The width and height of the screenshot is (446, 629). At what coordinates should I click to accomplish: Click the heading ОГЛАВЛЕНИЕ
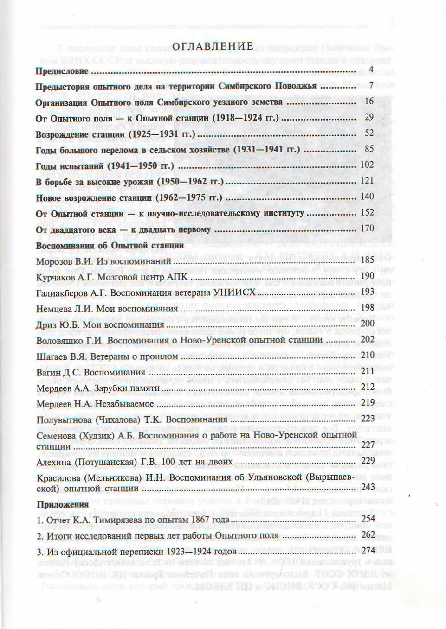[x=213, y=46]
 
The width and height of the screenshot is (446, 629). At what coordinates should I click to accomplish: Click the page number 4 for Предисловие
[x=371, y=70]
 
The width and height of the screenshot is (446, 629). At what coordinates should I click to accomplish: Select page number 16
[x=369, y=102]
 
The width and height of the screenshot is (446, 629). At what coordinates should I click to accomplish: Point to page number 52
[x=369, y=133]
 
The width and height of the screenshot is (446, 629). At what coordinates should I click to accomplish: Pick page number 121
[x=367, y=181]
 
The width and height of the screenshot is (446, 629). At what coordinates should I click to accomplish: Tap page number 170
[x=367, y=229]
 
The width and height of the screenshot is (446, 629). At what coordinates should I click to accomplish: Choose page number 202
[x=367, y=339]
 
